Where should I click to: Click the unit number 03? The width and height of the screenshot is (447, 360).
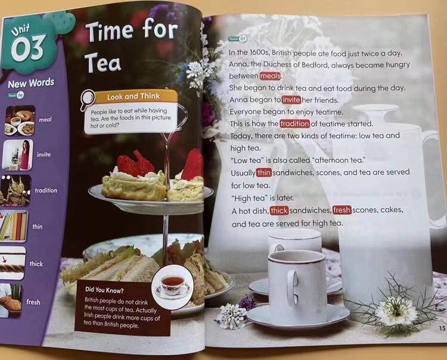coord(27,48)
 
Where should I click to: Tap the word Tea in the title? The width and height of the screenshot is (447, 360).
coord(103,63)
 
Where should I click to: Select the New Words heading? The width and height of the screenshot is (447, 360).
coord(31,83)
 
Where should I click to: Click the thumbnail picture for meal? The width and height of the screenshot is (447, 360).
coord(20,120)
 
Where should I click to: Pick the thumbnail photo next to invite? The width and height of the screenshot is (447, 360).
coord(18,155)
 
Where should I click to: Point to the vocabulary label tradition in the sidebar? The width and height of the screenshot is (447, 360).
coord(46,190)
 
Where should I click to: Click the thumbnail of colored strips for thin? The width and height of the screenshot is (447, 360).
coord(14,226)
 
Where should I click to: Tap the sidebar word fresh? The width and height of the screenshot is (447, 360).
coord(33,302)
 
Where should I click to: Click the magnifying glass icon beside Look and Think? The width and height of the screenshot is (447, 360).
coord(87,99)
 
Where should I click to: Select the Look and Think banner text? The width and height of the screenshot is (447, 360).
coord(134,97)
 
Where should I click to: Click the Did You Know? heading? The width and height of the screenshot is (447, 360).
coord(104,290)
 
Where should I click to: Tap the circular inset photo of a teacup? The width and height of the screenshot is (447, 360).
coord(173,286)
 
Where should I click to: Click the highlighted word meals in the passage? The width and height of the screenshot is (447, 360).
coord(270,76)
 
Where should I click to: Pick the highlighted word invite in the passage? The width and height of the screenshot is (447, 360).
coord(291,100)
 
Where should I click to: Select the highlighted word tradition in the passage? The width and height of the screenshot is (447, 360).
coord(294,124)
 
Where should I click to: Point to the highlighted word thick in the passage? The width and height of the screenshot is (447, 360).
coord(279,210)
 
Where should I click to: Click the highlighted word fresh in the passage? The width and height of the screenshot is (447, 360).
coord(342,210)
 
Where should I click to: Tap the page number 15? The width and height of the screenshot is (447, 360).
coord(442,328)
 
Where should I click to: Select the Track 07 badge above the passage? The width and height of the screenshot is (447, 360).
coord(237,39)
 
